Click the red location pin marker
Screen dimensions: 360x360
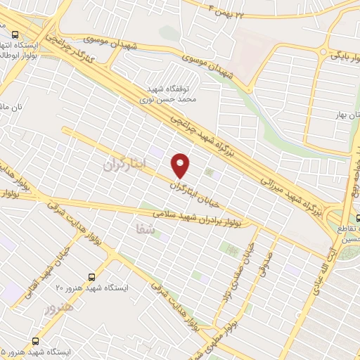(x=181, y=165)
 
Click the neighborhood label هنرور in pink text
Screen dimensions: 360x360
(x=59, y=307)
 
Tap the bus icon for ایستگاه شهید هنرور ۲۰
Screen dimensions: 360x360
(x=91, y=276)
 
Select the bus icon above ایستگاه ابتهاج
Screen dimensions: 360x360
(x=15, y=34)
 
